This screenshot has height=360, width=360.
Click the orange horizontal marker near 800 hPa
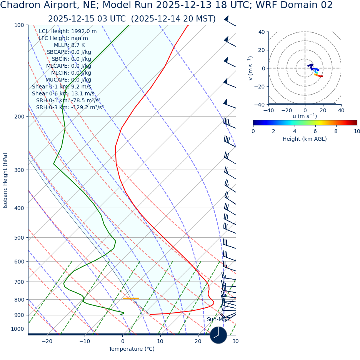131,298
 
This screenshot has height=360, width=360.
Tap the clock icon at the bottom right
218,335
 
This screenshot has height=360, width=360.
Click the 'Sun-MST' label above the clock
218,319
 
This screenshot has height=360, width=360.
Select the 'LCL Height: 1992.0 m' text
68,31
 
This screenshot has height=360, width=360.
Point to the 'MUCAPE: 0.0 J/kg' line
68,80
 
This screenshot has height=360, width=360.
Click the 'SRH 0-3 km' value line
70,107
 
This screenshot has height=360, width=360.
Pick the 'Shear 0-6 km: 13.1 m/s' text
63,93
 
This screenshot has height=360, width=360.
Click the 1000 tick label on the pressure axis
17,329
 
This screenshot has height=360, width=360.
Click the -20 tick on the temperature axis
47,341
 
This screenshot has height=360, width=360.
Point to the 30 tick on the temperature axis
235,341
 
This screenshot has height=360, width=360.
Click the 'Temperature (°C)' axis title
132,349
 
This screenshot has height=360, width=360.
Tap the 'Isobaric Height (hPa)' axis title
5,180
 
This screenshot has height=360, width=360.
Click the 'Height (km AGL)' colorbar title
305,139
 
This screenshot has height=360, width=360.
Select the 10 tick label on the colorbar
357,131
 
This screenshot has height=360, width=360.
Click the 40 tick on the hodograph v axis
262,32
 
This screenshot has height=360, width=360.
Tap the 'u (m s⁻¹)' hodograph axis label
305,116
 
